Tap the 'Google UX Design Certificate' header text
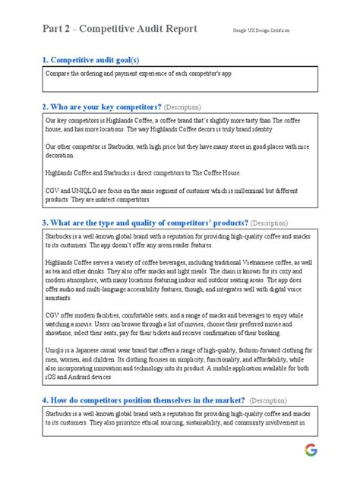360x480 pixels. click(x=262, y=30)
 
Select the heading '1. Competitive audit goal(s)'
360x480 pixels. click(x=90, y=59)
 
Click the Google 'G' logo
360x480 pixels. click(x=311, y=450)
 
